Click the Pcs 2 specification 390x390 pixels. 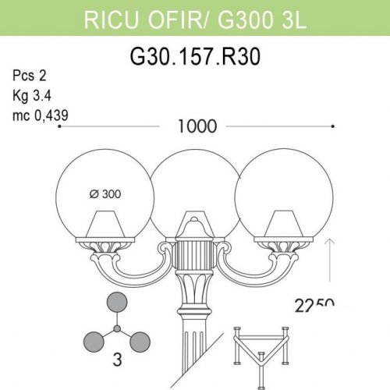(30, 76)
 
